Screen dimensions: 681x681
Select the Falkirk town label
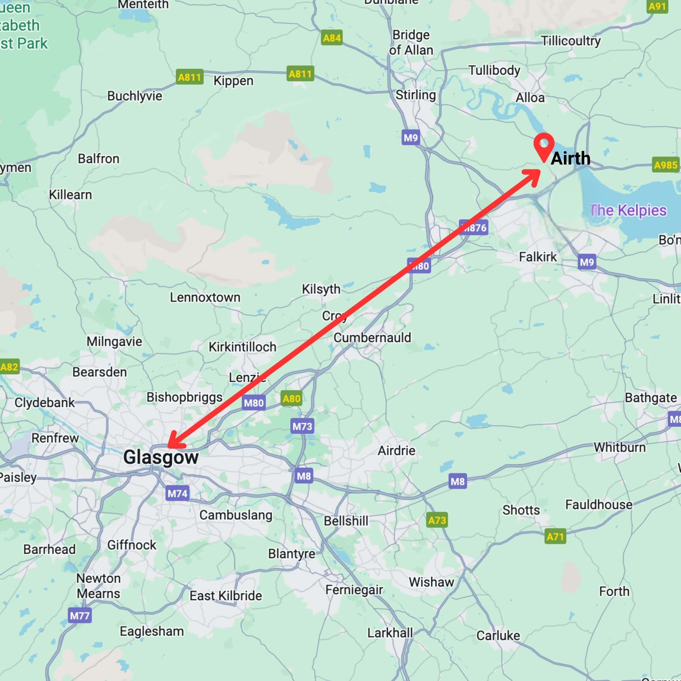point(538,257)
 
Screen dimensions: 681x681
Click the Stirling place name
point(416,95)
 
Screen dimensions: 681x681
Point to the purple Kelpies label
point(628,211)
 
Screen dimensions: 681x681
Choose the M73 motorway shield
point(302,427)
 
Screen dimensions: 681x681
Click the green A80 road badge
point(291,399)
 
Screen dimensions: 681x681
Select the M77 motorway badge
point(80,616)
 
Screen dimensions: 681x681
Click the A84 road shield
point(332,38)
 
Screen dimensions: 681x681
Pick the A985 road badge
point(665,165)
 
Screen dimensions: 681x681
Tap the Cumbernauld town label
point(372,337)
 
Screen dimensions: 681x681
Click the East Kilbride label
point(226,596)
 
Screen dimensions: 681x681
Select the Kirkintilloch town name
point(242,347)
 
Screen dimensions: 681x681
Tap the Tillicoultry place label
point(571,41)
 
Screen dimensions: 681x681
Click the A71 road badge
point(555,536)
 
